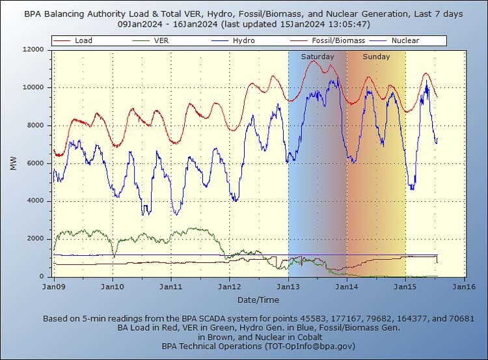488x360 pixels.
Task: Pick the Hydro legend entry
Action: click(244, 40)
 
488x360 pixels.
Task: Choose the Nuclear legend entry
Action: click(405, 40)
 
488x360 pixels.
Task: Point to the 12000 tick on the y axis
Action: click(33, 49)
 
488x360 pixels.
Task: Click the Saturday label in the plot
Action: click(318, 57)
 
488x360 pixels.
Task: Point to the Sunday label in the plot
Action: click(376, 57)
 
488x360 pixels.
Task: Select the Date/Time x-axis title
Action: click(258, 299)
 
